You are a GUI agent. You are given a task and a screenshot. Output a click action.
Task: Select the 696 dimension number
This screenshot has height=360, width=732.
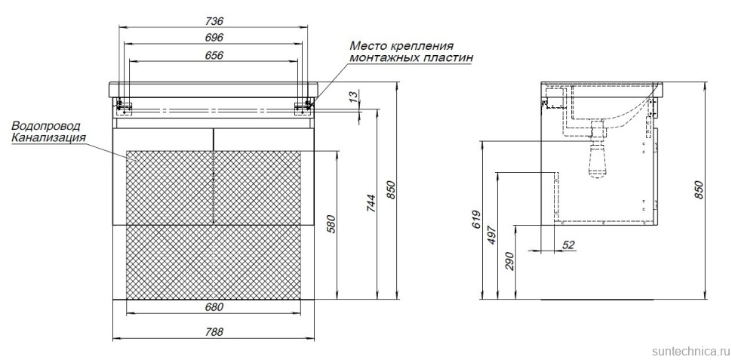tap(214, 37)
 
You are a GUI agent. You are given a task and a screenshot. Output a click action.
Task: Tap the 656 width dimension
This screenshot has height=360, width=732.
tap(214, 54)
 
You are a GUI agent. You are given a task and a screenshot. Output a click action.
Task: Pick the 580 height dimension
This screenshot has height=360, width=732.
tap(330, 224)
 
